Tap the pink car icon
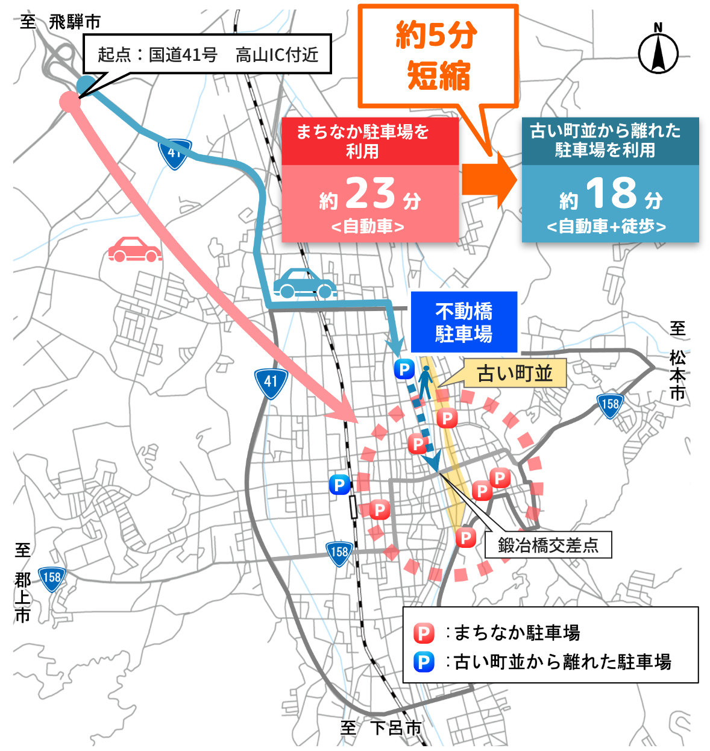coord(134,249)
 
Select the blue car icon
coord(305,283)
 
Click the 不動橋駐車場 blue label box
coord(463,322)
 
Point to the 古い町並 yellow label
coord(515,374)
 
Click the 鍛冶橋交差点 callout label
coord(548,545)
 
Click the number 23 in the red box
coord(370,193)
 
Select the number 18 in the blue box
coord(611,193)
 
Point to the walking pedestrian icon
coord(426,382)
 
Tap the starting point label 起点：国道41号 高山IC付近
coord(207,55)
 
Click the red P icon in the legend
coord(424,633)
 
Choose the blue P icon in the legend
coord(424,662)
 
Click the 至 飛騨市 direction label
coord(60,22)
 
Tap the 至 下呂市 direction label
coord(381,727)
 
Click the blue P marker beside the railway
coord(339,484)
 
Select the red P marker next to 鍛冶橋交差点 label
coord(465,536)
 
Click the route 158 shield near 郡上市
coord(52,578)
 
